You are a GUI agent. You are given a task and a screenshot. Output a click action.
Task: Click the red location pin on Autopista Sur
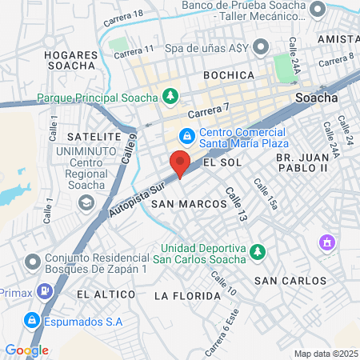[180, 163]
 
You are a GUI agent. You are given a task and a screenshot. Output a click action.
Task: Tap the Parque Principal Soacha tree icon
[170, 98]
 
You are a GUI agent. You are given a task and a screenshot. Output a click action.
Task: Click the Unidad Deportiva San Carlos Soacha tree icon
[256, 253]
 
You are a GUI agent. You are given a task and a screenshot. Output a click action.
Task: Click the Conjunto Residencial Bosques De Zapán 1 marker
[32, 262]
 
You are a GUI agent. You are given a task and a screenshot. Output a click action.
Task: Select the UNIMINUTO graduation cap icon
[84, 204]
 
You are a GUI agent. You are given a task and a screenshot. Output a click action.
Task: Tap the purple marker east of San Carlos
[326, 242]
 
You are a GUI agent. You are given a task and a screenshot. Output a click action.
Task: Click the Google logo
[26, 350]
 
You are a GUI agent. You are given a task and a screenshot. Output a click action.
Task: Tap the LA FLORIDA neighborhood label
[186, 296]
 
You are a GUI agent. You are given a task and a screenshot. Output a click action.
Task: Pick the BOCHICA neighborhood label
[228, 75]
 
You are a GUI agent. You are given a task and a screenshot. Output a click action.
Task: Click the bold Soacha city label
[316, 98]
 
